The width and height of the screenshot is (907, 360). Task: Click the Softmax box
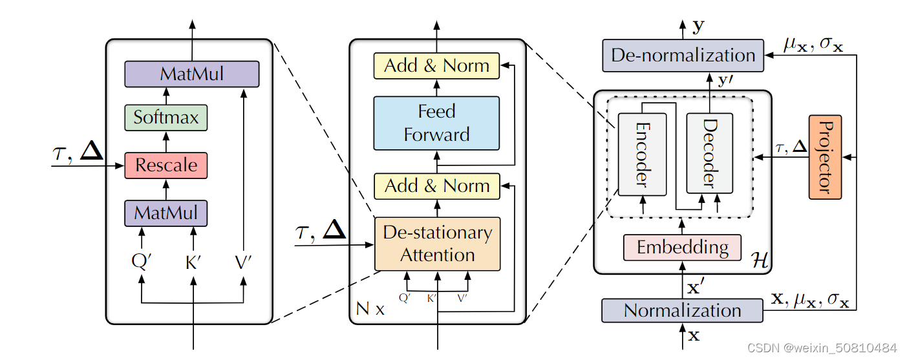[x=165, y=118]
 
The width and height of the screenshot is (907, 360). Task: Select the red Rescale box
[x=165, y=165]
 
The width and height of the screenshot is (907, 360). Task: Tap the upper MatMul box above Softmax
[x=191, y=74]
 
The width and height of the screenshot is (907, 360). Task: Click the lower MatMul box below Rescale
[x=165, y=213]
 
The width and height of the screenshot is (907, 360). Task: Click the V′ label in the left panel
[x=244, y=262]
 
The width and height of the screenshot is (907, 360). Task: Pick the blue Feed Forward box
[x=436, y=123]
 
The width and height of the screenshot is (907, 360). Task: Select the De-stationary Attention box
[x=437, y=244]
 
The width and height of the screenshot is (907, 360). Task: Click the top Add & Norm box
[x=436, y=66]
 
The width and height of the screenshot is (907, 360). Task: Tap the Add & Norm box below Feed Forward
[x=437, y=186]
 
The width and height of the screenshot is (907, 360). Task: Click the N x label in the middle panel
[x=370, y=310]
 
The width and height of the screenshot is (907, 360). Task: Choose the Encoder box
[x=641, y=153]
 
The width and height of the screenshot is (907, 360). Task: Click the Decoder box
[x=709, y=153]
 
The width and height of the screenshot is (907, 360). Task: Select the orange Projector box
[x=824, y=156]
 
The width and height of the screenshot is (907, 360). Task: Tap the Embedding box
[x=682, y=247]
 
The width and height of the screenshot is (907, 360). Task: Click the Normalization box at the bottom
[x=682, y=310]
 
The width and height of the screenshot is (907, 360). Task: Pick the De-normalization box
[x=683, y=56]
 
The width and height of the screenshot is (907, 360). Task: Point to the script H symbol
[x=758, y=262]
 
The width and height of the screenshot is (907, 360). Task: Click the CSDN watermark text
[x=822, y=348]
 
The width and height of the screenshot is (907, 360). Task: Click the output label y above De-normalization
[x=699, y=26]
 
